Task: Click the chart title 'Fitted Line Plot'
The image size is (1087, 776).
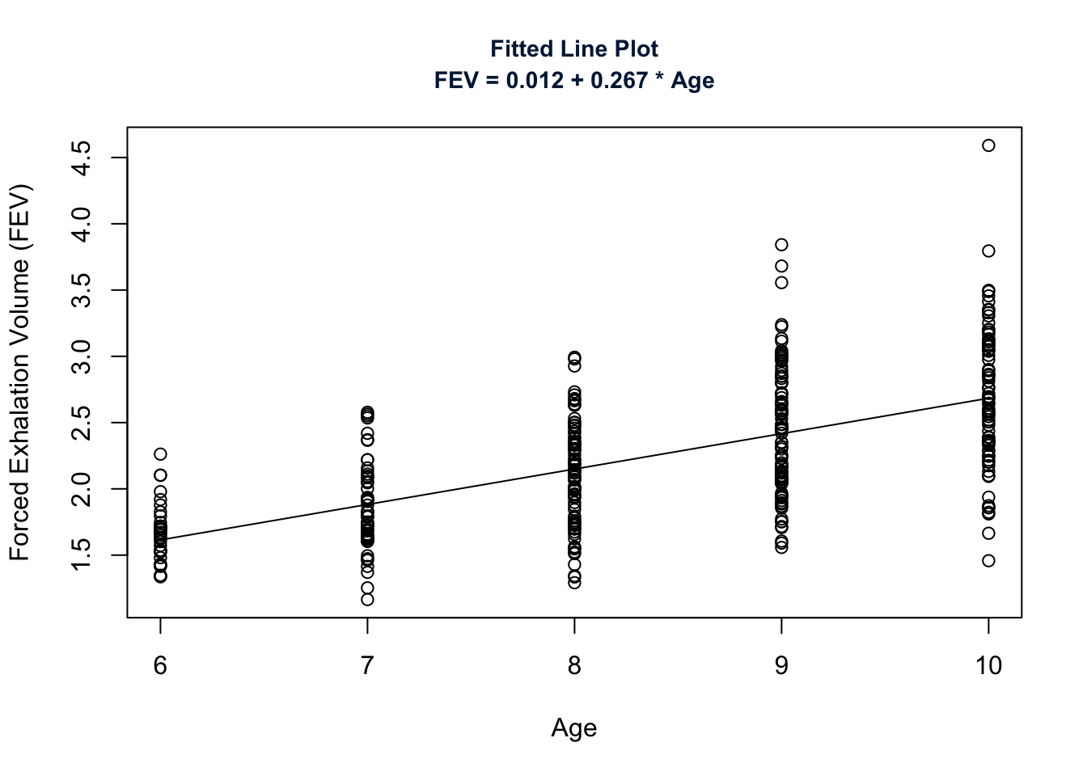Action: [574, 49]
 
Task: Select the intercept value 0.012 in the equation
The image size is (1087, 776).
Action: [535, 81]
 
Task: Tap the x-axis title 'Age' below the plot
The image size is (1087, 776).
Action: [574, 728]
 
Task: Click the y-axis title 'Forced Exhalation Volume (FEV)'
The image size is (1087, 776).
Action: [20, 373]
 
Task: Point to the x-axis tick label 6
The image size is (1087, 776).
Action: [160, 666]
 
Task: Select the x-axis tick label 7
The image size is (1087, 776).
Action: [367, 666]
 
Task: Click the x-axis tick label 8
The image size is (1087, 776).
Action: [574, 666]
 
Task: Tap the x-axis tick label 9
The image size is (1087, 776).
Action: [781, 666]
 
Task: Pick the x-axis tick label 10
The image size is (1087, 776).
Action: [988, 666]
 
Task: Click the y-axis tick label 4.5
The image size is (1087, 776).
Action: [82, 158]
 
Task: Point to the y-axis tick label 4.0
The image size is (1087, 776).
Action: [82, 224]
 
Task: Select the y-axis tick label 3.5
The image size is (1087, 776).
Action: [82, 290]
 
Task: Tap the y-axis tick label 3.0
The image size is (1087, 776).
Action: [82, 356]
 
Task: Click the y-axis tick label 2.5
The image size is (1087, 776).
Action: [82, 423]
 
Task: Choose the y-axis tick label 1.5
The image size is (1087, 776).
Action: [82, 555]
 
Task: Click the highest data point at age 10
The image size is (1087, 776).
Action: [988, 145]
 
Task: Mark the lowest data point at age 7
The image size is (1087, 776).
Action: [367, 600]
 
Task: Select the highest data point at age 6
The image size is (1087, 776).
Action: [160, 454]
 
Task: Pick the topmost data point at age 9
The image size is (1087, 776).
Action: [781, 245]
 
